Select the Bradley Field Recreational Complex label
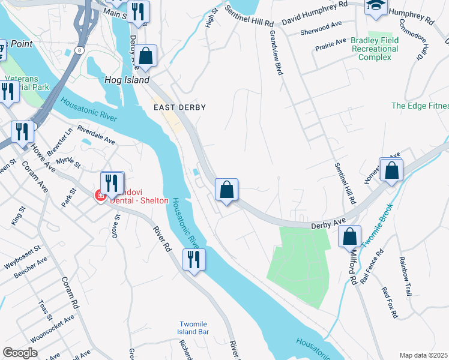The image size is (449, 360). [x=379, y=49]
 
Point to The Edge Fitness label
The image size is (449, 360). [x=420, y=106]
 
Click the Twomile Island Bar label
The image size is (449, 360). [x=193, y=327]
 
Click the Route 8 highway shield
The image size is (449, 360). [x=80, y=51]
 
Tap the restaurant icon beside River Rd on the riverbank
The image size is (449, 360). [x=194, y=260]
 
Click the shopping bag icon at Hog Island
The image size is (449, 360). [x=146, y=56]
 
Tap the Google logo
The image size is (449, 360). [x=20, y=353]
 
